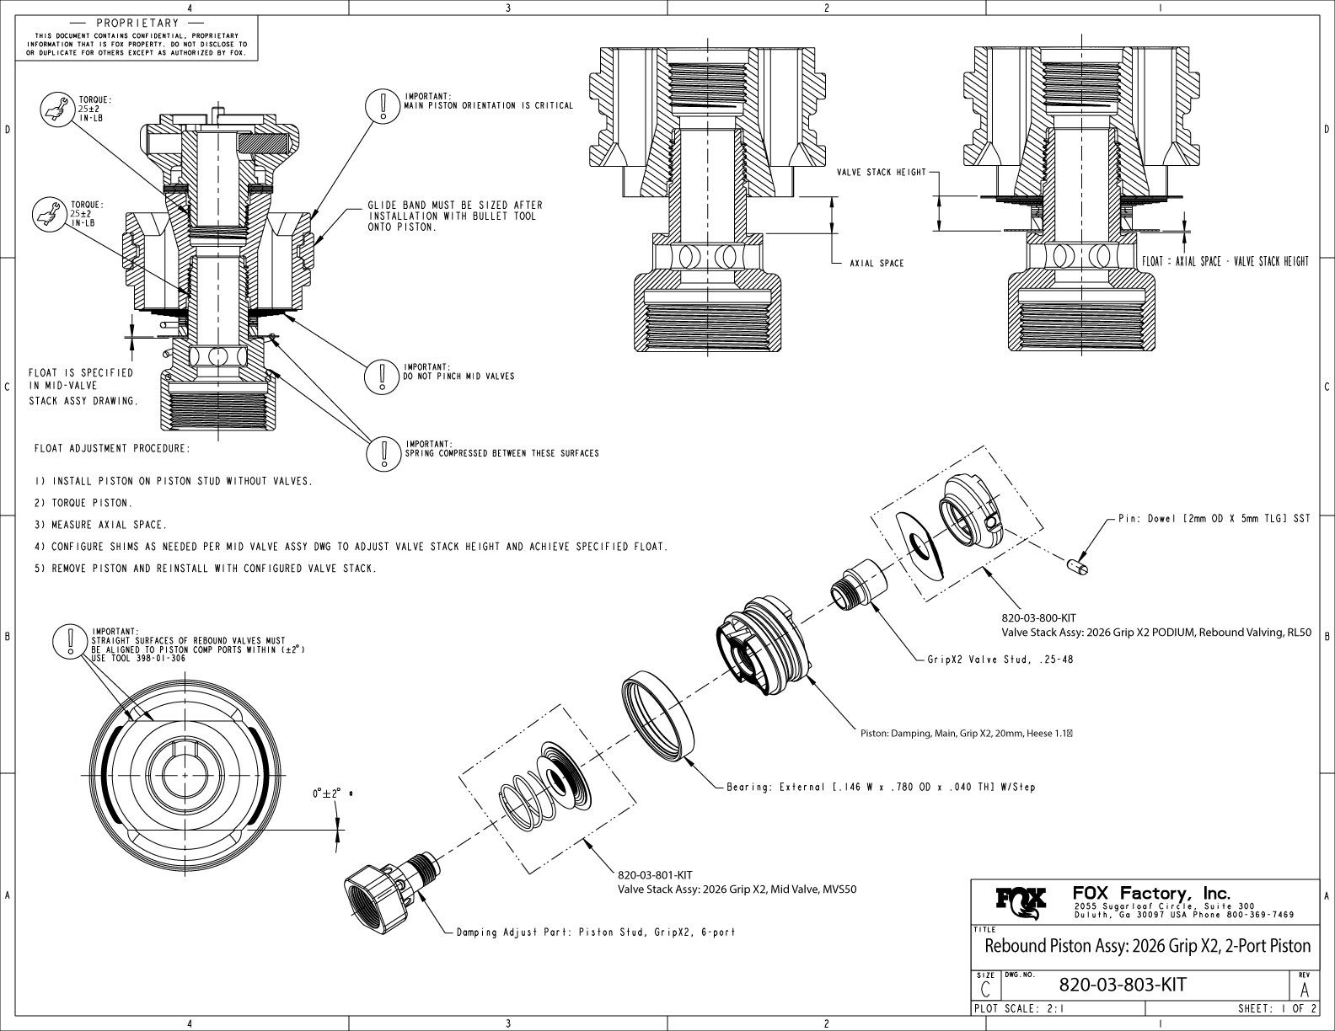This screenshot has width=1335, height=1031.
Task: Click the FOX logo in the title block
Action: (1021, 902)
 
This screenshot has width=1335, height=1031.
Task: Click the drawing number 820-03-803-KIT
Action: (1122, 985)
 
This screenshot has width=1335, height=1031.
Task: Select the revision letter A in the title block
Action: (1305, 988)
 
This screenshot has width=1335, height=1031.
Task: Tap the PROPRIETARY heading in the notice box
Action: (137, 23)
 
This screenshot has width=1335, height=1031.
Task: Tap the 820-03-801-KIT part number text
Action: (656, 875)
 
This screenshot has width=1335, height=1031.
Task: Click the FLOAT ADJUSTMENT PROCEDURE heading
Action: (112, 448)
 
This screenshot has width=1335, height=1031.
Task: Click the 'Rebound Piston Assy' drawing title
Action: (1148, 945)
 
